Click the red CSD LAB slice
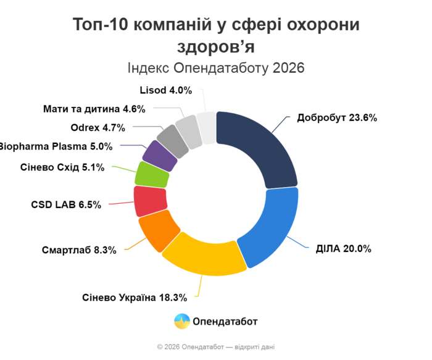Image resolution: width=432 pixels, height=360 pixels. point(149,200)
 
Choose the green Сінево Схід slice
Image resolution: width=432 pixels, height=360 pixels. point(152,174)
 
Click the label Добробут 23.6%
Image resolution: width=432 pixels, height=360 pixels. point(337,118)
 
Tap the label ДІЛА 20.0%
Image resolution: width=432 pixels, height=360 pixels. point(340,249)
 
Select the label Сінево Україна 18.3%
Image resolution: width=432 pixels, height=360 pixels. point(134,297)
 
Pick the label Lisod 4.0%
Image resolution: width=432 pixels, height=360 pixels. point(165,90)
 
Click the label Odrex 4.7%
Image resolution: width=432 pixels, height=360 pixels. point(98,128)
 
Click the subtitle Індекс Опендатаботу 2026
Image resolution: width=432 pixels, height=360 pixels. point(216,67)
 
